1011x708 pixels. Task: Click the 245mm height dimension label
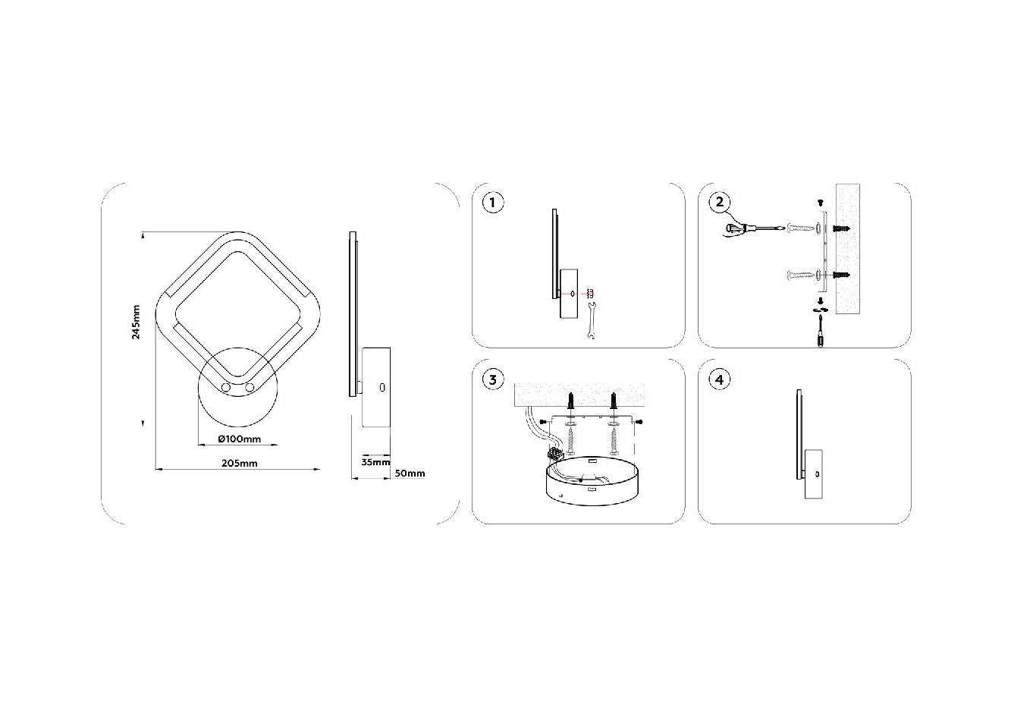(x=136, y=322)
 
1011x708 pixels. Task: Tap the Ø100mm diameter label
(x=239, y=439)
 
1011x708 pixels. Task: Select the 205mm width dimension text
(x=239, y=463)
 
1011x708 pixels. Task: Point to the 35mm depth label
(x=375, y=462)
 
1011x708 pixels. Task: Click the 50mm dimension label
(x=410, y=474)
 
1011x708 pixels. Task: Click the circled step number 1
(x=492, y=203)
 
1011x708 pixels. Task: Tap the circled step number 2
(x=720, y=202)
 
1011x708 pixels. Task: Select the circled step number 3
(x=492, y=379)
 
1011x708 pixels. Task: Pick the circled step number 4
(x=720, y=379)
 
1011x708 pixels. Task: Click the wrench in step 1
(x=592, y=321)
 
